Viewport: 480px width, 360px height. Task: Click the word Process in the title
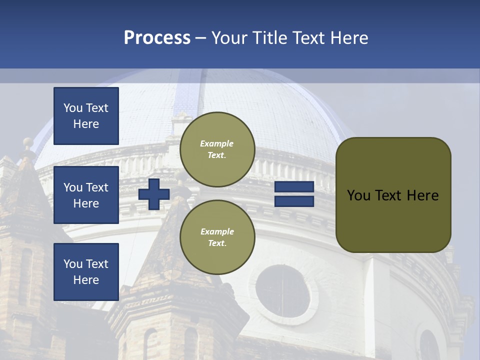coord(157,38)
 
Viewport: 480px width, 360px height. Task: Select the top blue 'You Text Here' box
coord(86,116)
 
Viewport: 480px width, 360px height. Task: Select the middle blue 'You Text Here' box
coord(86,195)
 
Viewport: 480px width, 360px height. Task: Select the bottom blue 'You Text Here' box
coord(86,272)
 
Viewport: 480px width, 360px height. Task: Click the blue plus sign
coord(154,194)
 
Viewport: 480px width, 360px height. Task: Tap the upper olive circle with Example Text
coord(217,149)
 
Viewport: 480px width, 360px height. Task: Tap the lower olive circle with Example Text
coord(217,237)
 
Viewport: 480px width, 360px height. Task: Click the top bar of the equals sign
coord(294,187)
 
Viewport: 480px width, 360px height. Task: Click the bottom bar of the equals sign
coord(294,201)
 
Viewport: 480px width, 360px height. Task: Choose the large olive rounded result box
coord(393,195)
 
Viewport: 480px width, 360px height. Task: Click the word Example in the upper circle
coord(217,143)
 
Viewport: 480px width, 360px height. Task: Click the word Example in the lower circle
coord(217,231)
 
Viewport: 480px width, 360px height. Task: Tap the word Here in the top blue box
coord(86,124)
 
